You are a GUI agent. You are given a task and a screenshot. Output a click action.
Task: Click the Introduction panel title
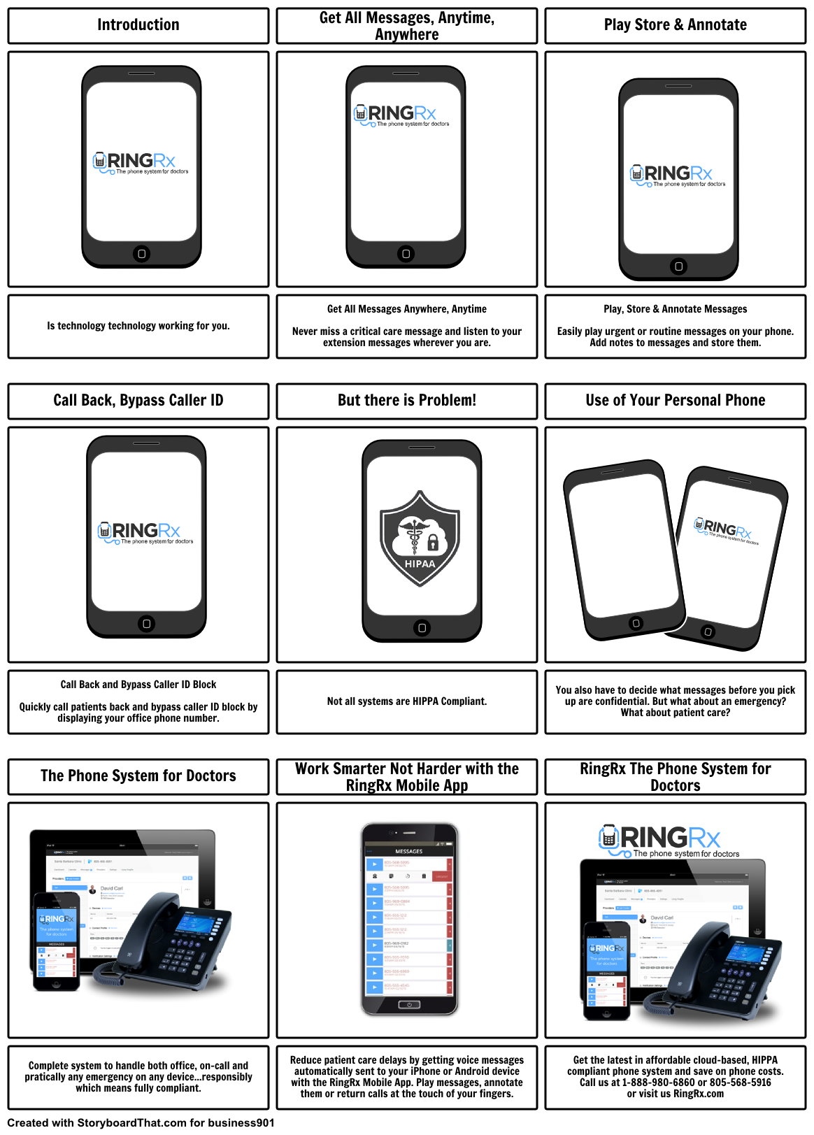[x=138, y=25]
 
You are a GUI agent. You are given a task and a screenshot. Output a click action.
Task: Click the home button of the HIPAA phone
[x=422, y=628]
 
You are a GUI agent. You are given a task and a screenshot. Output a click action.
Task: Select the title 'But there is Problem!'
[x=406, y=401]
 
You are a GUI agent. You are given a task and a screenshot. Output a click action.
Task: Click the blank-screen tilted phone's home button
[x=636, y=623]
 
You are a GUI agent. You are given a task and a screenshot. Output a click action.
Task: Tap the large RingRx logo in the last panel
[x=660, y=839]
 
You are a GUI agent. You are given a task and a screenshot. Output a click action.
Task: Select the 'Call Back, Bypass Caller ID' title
[x=138, y=401]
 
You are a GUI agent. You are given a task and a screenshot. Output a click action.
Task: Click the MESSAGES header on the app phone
[x=409, y=851]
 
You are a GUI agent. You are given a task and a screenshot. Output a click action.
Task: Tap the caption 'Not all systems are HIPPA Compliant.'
[x=406, y=701]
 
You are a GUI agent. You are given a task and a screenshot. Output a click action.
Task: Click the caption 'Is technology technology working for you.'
[x=138, y=326]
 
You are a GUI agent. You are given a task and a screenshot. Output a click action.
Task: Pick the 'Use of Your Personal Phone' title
[x=675, y=401]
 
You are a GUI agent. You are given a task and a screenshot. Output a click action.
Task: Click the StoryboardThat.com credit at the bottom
[x=140, y=1123]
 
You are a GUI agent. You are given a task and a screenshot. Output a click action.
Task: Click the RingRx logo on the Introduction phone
[x=141, y=163]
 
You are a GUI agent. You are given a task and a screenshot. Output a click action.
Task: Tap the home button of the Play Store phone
[x=678, y=266]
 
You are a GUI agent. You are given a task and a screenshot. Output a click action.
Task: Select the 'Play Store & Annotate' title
[x=675, y=25]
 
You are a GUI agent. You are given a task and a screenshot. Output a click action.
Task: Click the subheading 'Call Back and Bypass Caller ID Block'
[x=138, y=685]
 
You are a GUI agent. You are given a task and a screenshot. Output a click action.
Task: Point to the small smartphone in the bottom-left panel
[x=56, y=941]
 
